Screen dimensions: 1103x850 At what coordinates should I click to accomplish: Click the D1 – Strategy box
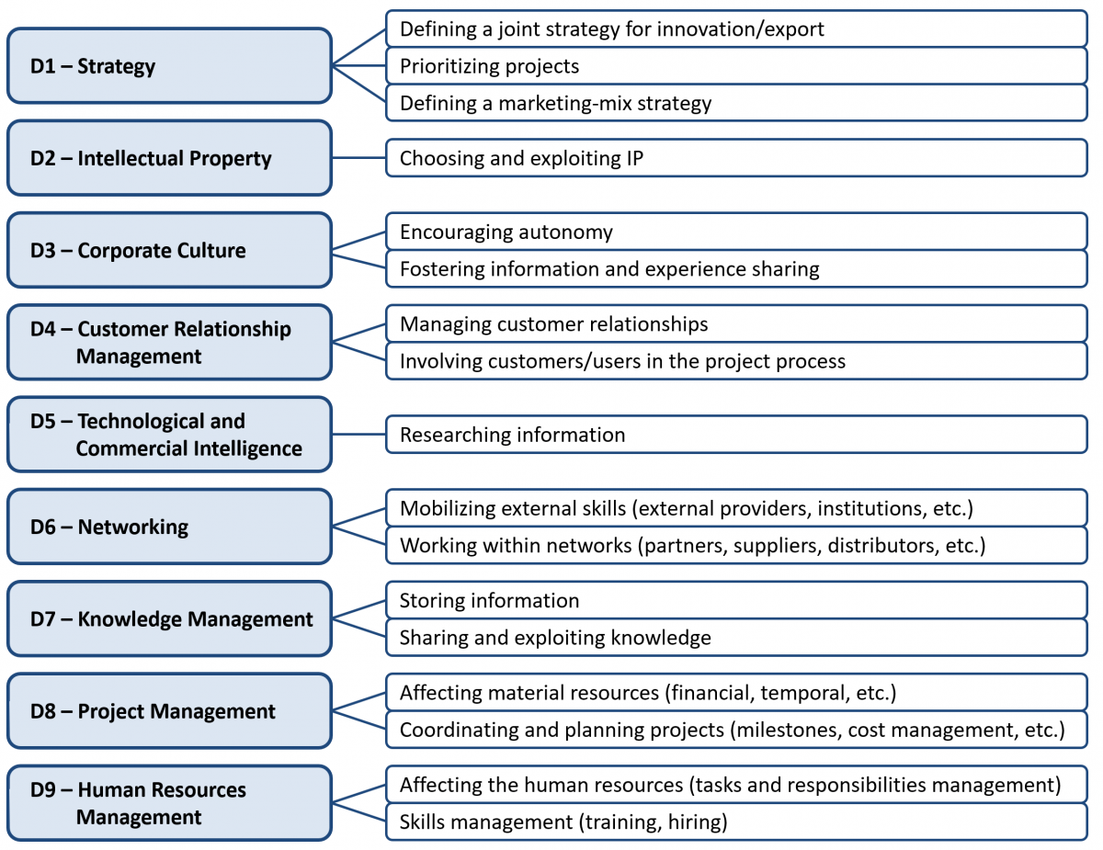pos(169,66)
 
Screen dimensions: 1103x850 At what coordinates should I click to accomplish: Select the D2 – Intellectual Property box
pos(169,158)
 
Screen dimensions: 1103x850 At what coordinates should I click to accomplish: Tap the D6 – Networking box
pos(169,527)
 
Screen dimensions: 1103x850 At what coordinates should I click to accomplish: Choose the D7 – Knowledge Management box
pos(169,618)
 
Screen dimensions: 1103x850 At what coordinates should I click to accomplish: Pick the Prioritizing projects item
pos(736,66)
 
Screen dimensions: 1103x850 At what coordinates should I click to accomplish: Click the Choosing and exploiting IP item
pos(736,158)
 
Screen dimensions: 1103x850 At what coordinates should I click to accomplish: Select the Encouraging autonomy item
pos(736,232)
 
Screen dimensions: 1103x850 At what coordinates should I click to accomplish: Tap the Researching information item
pos(736,435)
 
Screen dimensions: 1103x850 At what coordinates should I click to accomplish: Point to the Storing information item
pos(736,600)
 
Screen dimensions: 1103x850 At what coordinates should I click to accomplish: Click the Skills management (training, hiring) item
pos(736,822)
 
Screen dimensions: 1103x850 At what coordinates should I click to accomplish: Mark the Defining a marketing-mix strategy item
pos(736,103)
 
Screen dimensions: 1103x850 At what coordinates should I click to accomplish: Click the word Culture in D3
pos(214,251)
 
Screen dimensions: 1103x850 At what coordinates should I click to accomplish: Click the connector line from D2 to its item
pos(358,158)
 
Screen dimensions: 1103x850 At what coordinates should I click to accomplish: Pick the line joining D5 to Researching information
pos(358,435)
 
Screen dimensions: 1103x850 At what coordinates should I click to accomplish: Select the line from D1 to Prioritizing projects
pos(358,65)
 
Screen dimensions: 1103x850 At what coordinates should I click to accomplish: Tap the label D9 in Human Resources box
pos(42,790)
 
